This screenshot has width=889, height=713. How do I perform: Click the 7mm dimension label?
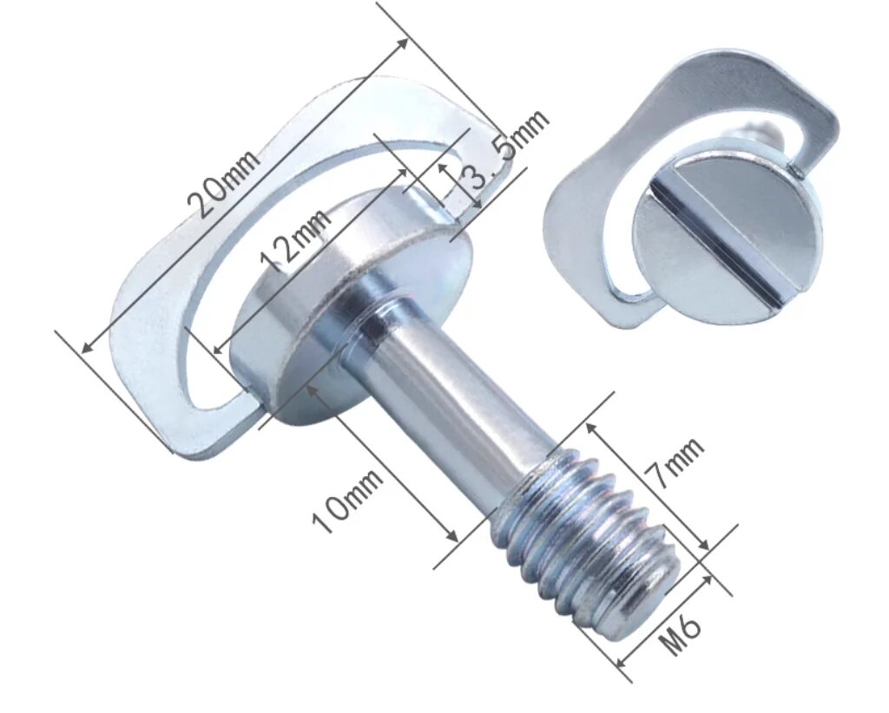[675, 465]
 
